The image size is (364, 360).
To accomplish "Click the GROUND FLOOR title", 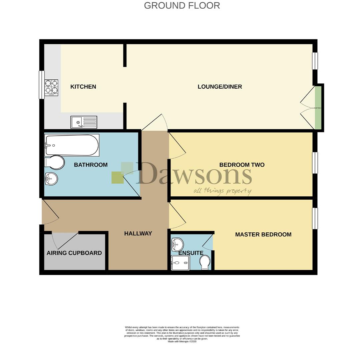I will (x=182, y=6).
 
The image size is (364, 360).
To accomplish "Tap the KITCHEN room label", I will (x=83, y=87).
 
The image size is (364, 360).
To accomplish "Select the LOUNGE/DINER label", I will (x=220, y=87).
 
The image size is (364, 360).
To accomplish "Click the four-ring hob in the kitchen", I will (x=51, y=88).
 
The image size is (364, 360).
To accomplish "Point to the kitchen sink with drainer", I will (x=84, y=122).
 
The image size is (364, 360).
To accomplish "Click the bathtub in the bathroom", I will (x=72, y=145).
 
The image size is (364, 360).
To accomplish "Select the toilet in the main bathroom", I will (x=54, y=163).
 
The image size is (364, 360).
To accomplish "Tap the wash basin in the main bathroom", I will (x=51, y=179).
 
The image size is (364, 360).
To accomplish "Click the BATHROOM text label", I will (x=91, y=165).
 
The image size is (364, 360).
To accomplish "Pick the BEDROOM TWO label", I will (x=242, y=165).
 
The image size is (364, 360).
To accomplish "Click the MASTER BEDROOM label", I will (x=263, y=234).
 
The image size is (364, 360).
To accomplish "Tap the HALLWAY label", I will (x=138, y=233).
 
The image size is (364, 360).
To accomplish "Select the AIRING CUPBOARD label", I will (x=74, y=253).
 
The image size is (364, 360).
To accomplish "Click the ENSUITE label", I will (x=191, y=253).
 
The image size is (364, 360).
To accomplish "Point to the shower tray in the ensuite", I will (x=180, y=263).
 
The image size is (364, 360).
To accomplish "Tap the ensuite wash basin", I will (x=177, y=245).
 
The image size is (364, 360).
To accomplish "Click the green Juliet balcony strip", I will (x=318, y=108).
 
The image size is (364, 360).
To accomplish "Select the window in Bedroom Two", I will (x=315, y=163).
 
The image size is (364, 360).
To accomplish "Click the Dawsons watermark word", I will (x=194, y=174).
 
